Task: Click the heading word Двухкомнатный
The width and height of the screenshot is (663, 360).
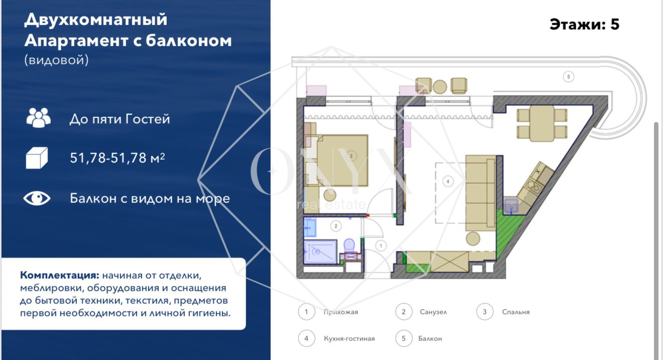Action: [96, 20]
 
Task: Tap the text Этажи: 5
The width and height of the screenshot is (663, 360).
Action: [584, 24]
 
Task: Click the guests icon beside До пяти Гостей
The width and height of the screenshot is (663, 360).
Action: [39, 117]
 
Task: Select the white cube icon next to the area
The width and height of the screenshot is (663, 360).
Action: [37, 158]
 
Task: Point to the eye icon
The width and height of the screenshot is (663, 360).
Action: [37, 198]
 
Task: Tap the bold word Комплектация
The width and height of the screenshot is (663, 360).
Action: [59, 276]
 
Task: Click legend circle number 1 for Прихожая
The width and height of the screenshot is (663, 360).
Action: [306, 312]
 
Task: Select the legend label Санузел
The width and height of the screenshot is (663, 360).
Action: [433, 312]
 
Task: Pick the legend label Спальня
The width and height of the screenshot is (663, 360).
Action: [516, 312]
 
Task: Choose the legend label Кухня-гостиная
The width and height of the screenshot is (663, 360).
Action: [349, 338]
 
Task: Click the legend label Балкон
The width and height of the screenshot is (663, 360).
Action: [430, 338]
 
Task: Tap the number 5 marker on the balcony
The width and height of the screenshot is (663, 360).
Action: [568, 77]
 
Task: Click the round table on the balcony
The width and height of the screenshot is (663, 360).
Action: [440, 87]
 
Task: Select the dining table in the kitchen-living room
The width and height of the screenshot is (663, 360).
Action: [542, 124]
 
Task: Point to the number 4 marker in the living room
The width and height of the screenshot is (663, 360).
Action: [448, 181]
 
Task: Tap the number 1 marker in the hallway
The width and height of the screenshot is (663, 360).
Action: [381, 246]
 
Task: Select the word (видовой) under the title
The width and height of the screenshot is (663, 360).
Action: [56, 60]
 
